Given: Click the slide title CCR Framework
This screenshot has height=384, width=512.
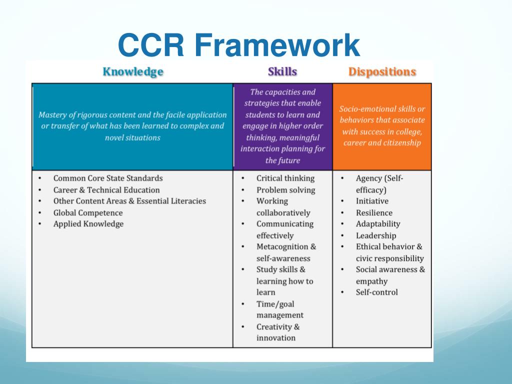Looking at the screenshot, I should (x=238, y=45).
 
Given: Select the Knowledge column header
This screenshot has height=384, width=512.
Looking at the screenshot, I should (x=132, y=71).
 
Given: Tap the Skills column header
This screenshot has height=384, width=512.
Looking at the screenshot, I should (x=282, y=71).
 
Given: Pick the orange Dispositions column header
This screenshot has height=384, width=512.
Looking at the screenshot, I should (x=382, y=71).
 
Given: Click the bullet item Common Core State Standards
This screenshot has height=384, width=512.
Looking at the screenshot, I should (x=108, y=178).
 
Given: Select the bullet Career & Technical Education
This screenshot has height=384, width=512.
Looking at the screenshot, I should (x=106, y=190).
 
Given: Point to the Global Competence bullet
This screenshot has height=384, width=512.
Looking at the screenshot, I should (x=88, y=212).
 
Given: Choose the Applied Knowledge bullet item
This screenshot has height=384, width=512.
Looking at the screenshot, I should (x=88, y=224).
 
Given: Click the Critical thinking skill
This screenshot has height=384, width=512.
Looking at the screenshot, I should (x=285, y=178).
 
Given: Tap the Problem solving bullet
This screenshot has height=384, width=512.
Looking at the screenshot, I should (x=285, y=190).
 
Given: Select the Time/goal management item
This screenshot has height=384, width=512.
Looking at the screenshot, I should (x=280, y=309).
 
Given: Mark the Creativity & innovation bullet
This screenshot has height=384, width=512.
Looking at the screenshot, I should (x=278, y=332).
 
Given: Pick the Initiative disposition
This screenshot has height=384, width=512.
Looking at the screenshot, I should (x=372, y=201).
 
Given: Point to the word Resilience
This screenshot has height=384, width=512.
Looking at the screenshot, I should (x=374, y=212).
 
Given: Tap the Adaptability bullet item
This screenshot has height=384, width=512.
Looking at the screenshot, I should (x=378, y=224).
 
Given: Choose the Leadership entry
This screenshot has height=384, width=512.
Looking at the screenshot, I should (x=376, y=235).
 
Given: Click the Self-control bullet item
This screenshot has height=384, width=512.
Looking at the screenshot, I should (x=376, y=292).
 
